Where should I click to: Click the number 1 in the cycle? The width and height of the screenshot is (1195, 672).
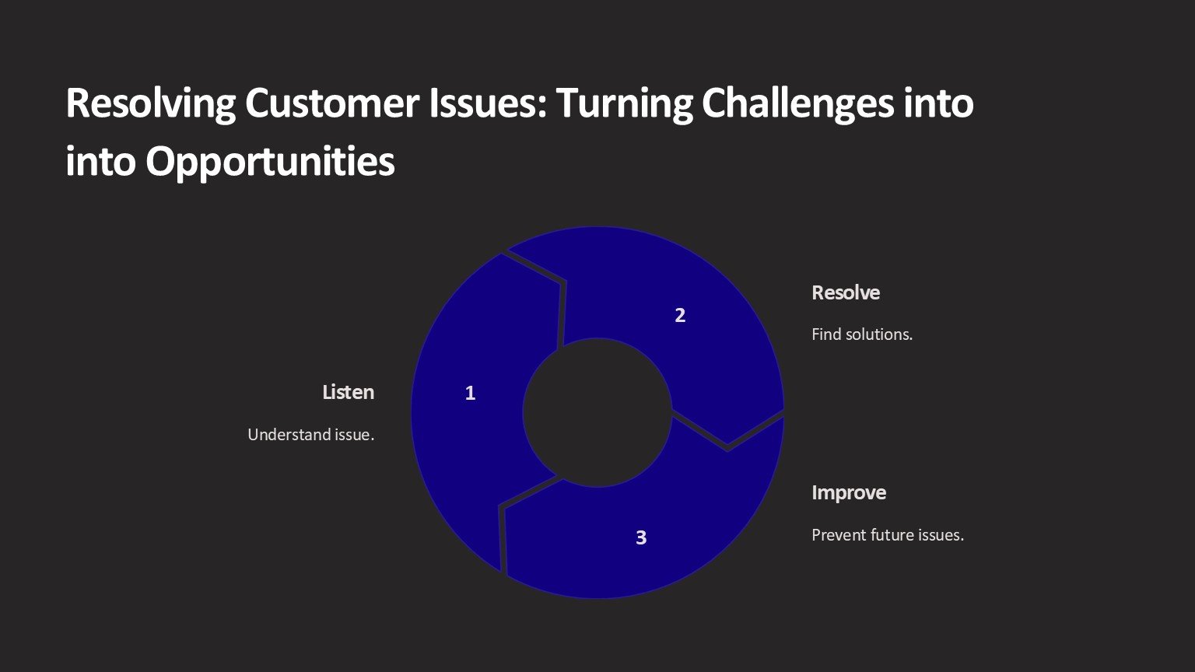[x=470, y=393]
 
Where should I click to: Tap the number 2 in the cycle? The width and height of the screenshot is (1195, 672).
[x=680, y=315]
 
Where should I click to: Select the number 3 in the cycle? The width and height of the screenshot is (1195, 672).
[x=641, y=537]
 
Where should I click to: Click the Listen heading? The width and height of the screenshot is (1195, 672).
[x=349, y=392]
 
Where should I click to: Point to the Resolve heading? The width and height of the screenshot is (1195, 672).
[x=846, y=292]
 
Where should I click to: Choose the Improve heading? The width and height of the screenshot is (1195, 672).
[x=849, y=493]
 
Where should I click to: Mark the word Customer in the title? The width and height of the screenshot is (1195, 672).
[x=332, y=103]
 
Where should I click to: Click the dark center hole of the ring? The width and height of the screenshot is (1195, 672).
[x=597, y=413]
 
